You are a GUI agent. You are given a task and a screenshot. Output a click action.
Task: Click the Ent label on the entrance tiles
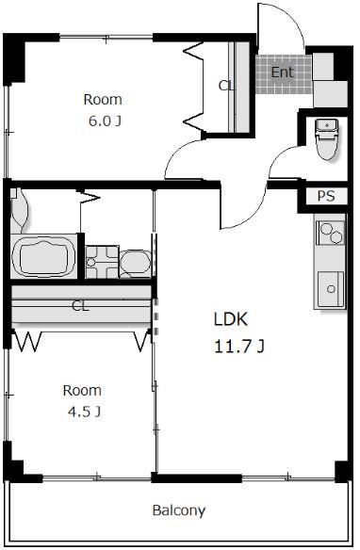(282, 73)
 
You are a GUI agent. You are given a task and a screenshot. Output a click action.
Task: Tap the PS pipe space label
(326, 196)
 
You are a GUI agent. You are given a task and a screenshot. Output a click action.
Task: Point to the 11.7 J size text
(239, 347)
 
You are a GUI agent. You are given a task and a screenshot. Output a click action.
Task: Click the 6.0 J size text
(105, 121)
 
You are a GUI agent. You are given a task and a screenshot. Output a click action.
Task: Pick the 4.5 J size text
(84, 412)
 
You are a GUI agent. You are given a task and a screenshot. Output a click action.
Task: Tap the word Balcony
(179, 510)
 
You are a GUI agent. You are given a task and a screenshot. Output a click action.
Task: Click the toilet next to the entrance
(327, 138)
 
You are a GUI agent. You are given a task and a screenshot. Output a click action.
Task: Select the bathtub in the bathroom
(43, 256)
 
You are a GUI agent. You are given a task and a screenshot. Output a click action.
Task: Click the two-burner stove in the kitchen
(330, 233)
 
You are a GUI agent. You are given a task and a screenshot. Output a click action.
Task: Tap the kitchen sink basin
(330, 289)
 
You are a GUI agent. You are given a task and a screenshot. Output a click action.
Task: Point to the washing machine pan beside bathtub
(102, 262)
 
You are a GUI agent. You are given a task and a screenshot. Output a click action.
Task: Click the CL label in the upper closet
(225, 86)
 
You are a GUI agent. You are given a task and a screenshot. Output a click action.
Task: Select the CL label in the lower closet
(80, 305)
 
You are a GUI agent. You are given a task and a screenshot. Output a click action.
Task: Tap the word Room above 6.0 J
(103, 100)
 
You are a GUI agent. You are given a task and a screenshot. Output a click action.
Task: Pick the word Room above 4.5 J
(82, 391)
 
